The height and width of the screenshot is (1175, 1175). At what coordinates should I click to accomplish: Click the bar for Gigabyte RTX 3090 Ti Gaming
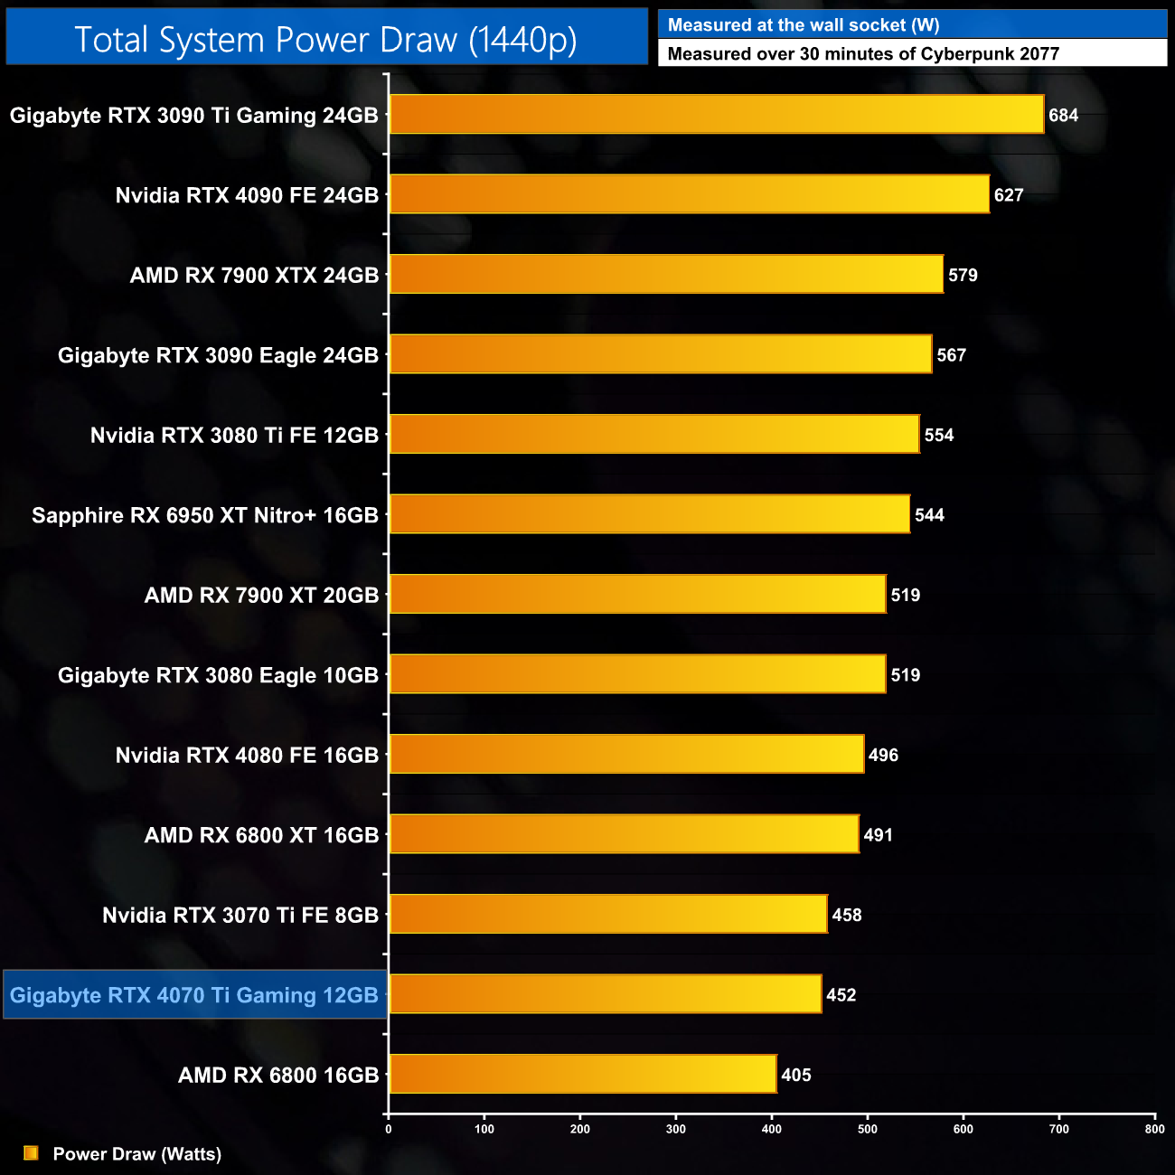(716, 115)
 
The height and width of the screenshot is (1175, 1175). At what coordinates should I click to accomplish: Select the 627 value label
(1009, 195)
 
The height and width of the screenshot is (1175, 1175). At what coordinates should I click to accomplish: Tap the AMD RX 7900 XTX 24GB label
(254, 276)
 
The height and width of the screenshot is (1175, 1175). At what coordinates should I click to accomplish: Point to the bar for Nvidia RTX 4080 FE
(626, 755)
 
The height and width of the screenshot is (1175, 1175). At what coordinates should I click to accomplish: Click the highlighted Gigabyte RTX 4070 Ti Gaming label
(194, 995)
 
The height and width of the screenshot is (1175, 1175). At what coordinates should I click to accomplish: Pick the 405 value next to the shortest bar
(796, 1075)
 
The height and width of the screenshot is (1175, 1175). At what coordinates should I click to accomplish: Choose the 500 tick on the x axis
(868, 1129)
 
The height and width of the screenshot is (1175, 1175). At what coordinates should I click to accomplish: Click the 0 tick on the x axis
(389, 1129)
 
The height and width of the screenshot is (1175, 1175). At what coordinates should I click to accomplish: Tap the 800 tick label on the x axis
(1154, 1129)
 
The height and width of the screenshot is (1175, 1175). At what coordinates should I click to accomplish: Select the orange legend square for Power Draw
(31, 1153)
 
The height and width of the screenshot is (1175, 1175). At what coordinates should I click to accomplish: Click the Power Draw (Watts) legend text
(137, 1154)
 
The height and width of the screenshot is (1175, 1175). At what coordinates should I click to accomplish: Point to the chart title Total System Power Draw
(325, 40)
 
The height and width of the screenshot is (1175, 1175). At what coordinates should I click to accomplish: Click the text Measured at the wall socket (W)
(804, 25)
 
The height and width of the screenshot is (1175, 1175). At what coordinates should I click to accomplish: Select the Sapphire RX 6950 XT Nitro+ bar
(649, 514)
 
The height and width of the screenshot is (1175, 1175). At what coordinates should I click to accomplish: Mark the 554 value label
(939, 436)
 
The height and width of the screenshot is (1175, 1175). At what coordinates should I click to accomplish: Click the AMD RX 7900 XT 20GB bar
(637, 595)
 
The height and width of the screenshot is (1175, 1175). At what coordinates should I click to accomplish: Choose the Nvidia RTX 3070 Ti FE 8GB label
(240, 916)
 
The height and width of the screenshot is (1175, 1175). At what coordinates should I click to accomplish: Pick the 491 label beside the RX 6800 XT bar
(878, 835)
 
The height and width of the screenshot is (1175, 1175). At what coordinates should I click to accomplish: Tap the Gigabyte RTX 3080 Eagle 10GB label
(218, 675)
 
